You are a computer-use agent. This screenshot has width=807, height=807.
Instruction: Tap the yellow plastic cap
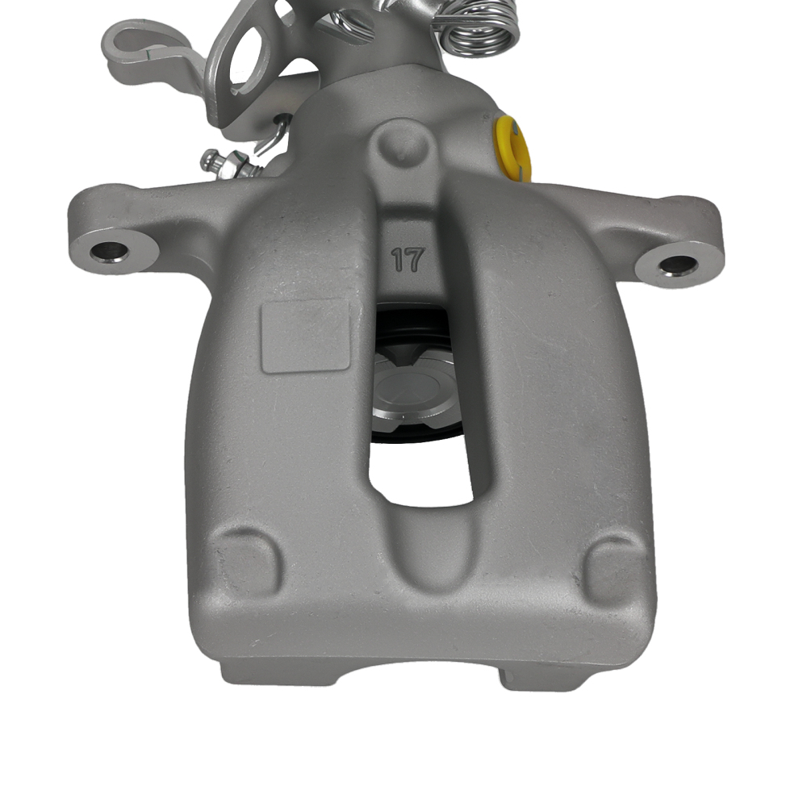pyautogui.click(x=513, y=148)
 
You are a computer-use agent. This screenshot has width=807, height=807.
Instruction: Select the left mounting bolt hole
pyautogui.click(x=108, y=251)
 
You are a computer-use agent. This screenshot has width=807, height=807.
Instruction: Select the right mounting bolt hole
pyautogui.click(x=677, y=266)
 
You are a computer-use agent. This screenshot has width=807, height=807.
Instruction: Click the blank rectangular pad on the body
pyautogui.click(x=305, y=336)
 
